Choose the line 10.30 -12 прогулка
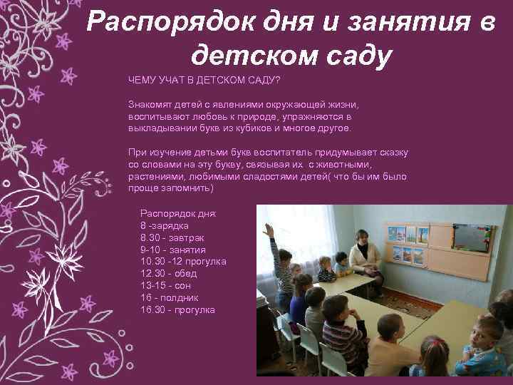pos(183,262)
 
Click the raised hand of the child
pos(269,230)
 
